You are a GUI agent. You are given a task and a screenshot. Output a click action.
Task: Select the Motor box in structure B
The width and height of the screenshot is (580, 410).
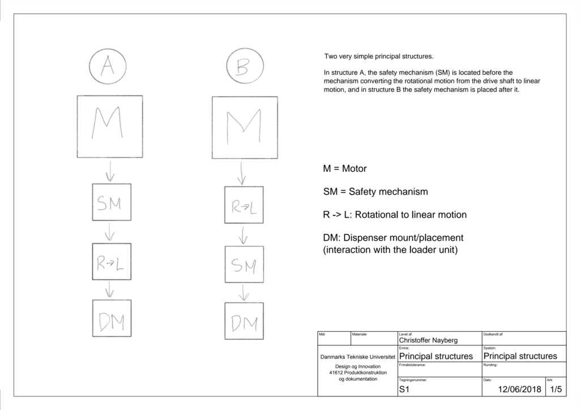pyautogui.click(x=245, y=127)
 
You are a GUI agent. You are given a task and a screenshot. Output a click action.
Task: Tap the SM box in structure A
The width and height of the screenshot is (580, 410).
pyautogui.click(x=112, y=202)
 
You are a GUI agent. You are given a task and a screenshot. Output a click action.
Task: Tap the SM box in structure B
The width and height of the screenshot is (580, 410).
pyautogui.click(x=244, y=264)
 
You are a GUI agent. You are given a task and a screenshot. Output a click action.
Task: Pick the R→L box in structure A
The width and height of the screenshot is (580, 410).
pyautogui.click(x=112, y=262)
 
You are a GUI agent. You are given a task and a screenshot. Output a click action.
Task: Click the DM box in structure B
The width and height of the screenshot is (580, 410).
pyautogui.click(x=244, y=321)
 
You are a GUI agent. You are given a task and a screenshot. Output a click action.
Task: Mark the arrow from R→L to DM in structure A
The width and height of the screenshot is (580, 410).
pyautogui.click(x=110, y=289)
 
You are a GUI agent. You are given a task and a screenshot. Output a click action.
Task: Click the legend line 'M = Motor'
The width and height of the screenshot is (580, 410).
pyautogui.click(x=345, y=169)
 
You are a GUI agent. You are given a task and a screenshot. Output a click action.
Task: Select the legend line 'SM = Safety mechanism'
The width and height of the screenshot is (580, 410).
pyautogui.click(x=376, y=192)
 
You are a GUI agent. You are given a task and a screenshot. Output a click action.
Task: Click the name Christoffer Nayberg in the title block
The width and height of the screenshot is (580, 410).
pyautogui.click(x=428, y=340)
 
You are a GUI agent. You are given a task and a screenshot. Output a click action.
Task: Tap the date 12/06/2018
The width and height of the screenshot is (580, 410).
pyautogui.click(x=519, y=390)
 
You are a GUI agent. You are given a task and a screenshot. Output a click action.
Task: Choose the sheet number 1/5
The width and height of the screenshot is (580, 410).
pyautogui.click(x=556, y=390)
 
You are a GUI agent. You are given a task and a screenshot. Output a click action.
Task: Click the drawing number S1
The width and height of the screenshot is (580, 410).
pyautogui.click(x=404, y=390)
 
